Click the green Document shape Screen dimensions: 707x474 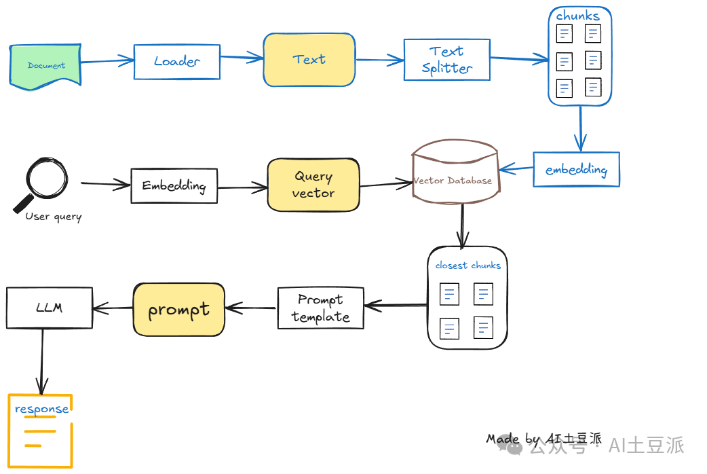tap(45, 65)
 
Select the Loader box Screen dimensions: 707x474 tap(176, 62)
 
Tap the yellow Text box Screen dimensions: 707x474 tap(309, 60)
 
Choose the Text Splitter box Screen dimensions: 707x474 tap(447, 60)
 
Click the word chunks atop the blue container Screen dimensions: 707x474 tap(577, 16)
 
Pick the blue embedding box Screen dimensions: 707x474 tap(576, 170)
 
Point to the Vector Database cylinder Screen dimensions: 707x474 tap(455, 172)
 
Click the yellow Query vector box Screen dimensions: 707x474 tap(313, 185)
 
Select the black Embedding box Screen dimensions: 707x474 tap(174, 185)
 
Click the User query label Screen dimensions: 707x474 tap(53, 217)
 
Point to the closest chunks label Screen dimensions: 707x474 tap(468, 266)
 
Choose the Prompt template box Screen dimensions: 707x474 tap(320, 308)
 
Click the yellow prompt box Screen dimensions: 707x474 tap(179, 310)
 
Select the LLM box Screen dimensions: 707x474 tap(49, 308)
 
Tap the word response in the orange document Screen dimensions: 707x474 tap(41, 409)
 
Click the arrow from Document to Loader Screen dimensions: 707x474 tap(107, 61)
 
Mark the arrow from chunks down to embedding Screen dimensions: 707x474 tap(580, 128)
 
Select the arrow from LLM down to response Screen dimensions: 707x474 tap(42, 361)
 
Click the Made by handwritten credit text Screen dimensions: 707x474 tap(543, 439)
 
